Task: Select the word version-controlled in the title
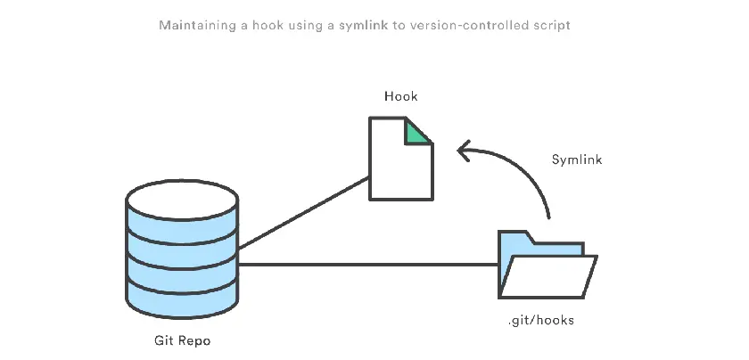click(x=469, y=25)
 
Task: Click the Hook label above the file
click(x=400, y=95)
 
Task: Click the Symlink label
click(x=577, y=160)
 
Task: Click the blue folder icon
click(x=546, y=267)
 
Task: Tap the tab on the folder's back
click(x=515, y=237)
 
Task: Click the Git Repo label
click(x=182, y=340)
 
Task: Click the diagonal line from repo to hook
click(x=303, y=213)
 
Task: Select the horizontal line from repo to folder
click(x=366, y=264)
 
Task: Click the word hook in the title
click(x=273, y=25)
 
